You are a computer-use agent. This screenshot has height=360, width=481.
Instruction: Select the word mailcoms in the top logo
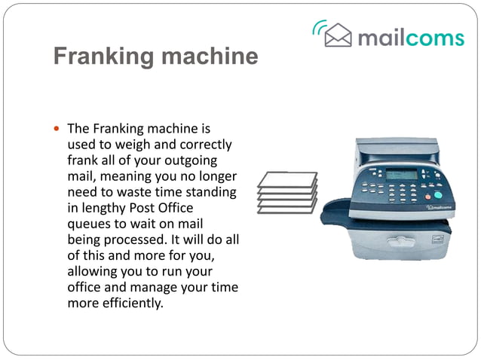pos(410,36)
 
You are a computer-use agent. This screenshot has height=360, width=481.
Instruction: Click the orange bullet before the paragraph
pos(57,129)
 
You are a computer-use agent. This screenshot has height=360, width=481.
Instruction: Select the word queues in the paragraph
pos(90,224)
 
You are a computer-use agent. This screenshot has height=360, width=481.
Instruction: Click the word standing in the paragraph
pos(210,192)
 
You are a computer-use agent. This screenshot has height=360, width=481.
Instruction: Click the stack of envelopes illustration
pos(287,191)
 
